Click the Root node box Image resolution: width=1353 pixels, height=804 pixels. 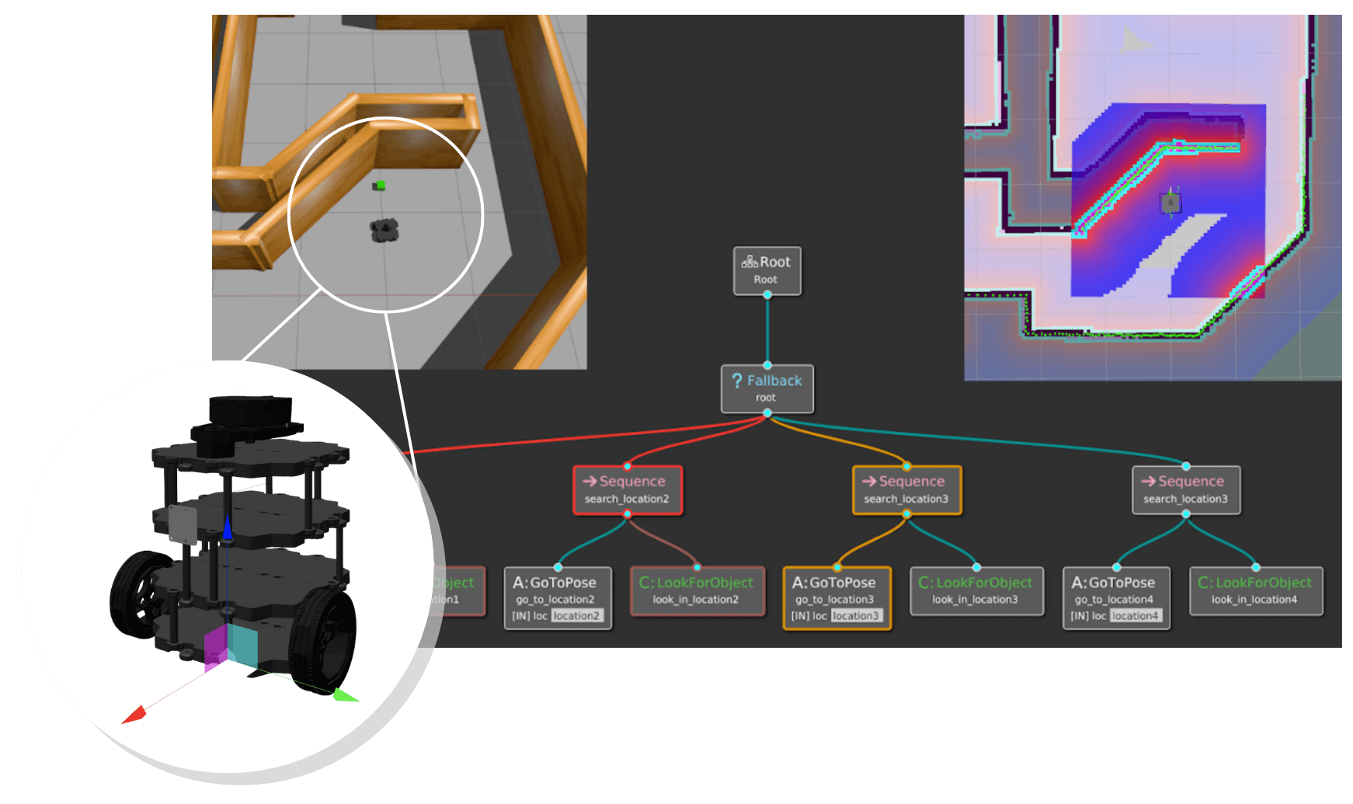pyautogui.click(x=767, y=270)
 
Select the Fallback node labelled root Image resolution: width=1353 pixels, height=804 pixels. pyautogui.click(x=767, y=388)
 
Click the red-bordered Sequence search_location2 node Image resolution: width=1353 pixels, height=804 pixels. pyautogui.click(x=628, y=490)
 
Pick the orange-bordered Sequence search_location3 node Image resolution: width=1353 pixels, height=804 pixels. pyautogui.click(x=906, y=490)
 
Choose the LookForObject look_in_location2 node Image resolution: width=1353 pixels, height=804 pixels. pyautogui.click(x=697, y=590)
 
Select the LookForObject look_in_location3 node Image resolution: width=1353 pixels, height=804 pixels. pyautogui.click(x=976, y=590)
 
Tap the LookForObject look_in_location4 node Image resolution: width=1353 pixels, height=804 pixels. pyautogui.click(x=1256, y=590)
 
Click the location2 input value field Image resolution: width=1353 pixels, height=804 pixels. pyautogui.click(x=576, y=616)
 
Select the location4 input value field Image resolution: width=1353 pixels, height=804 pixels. pyautogui.click(x=1136, y=616)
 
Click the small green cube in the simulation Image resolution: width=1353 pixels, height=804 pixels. pyautogui.click(x=379, y=185)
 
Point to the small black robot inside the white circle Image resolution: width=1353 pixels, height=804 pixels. pyautogui.click(x=384, y=230)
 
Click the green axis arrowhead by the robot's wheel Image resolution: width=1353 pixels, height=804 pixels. pyautogui.click(x=345, y=695)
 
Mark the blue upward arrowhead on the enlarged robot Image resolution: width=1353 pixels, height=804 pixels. pyautogui.click(x=228, y=527)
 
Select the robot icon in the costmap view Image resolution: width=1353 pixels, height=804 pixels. pyautogui.click(x=1170, y=203)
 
